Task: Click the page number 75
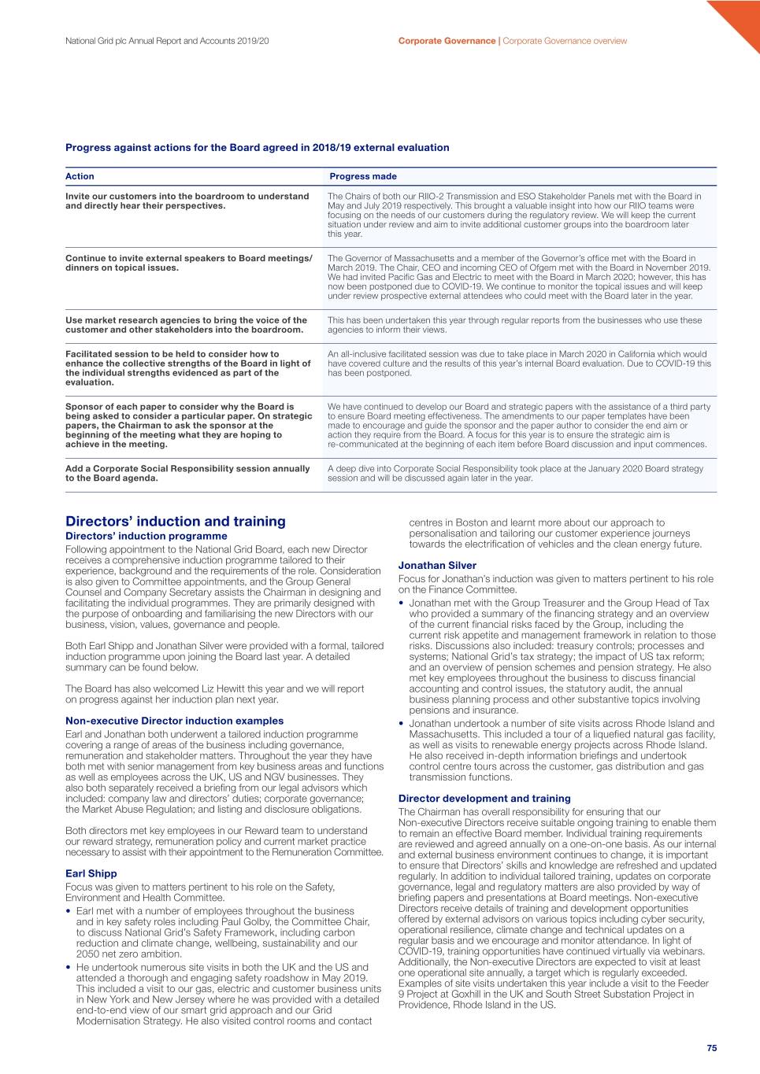coord(711,1048)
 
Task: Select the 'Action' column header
coord(80,176)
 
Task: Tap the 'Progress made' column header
coord(363,176)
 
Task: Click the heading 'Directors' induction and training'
coord(176,521)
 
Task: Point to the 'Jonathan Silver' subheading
coord(437,565)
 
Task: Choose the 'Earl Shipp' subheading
coord(91,873)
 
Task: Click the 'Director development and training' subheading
coord(484,798)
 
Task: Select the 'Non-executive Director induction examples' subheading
coord(174,721)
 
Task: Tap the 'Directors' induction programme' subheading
coord(146,536)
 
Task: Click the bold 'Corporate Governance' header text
coord(447,41)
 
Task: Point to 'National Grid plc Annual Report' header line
coord(167,41)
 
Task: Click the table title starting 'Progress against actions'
coord(258,147)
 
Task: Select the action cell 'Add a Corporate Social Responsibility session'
coord(187,473)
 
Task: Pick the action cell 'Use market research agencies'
coord(186,325)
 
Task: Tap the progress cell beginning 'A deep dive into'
coord(515,473)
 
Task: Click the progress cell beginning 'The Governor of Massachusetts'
coord(519,277)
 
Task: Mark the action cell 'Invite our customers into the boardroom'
coord(187,201)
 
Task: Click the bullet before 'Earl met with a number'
coord(69,911)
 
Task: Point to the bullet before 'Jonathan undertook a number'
coord(402,724)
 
